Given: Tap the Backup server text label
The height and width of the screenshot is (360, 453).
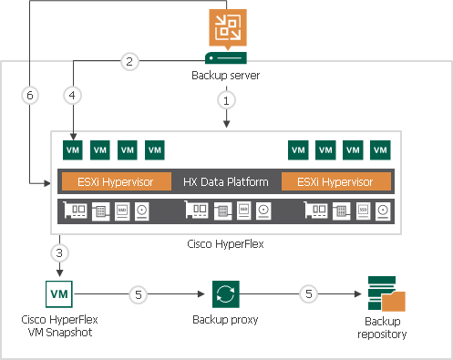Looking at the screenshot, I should coord(226,74).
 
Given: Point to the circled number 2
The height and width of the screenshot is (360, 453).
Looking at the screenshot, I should coord(129,62).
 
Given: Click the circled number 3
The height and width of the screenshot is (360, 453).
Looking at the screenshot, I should coord(60,252).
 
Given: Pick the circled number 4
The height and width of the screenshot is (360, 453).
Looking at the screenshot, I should coord(73,94).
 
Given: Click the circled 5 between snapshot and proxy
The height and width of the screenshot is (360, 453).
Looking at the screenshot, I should coord(137,295).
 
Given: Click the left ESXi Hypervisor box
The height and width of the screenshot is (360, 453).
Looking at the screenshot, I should coord(115,181).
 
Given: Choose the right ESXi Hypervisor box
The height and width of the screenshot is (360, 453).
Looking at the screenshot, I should coord(336,181).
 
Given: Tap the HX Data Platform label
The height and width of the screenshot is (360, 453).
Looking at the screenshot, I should coord(226,181).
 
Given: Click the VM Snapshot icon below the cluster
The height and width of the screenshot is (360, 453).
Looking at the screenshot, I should coord(59,295).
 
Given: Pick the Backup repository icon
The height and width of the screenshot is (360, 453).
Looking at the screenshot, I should coord(383,295).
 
